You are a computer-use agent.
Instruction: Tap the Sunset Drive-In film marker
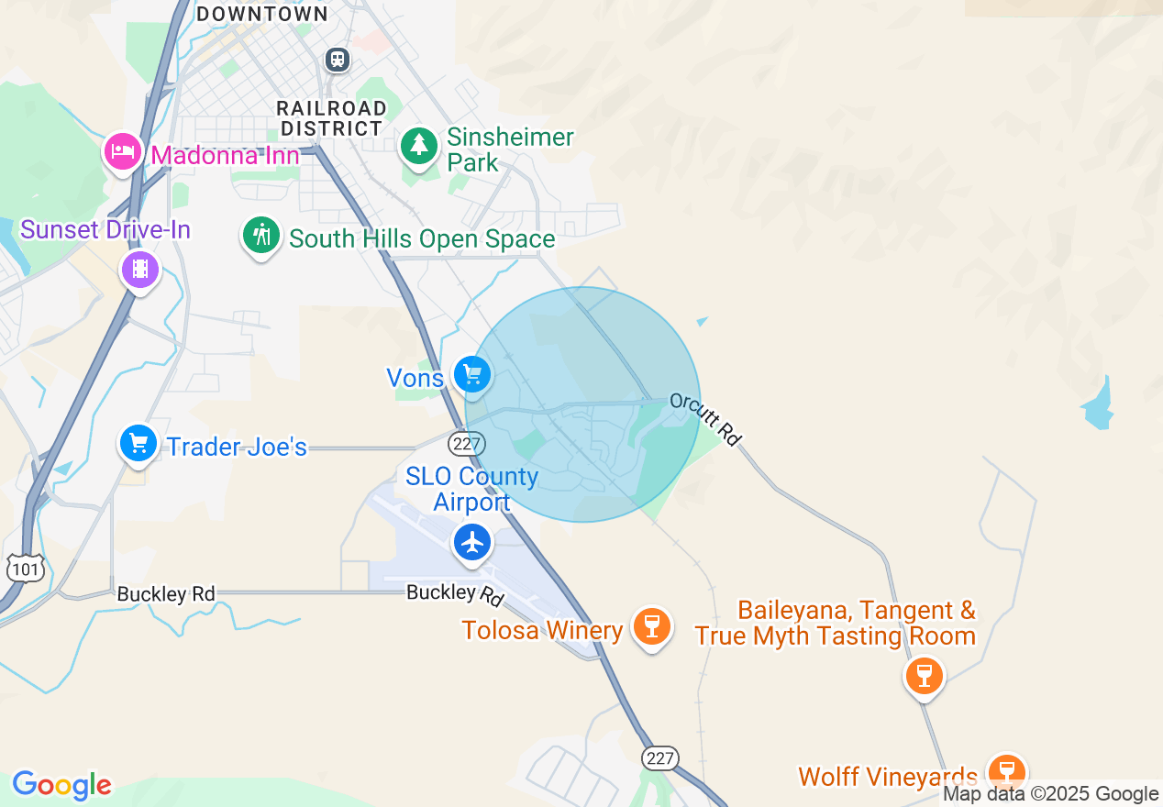pyautogui.click(x=139, y=269)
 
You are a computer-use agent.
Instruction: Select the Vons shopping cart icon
pyautogui.click(x=472, y=375)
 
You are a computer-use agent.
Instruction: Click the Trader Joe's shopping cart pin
pyautogui.click(x=138, y=444)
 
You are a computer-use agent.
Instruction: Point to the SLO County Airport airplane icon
pyautogui.click(x=472, y=542)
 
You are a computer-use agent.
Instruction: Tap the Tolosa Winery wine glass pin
pyautogui.click(x=652, y=627)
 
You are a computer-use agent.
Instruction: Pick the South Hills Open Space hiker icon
pyautogui.click(x=261, y=236)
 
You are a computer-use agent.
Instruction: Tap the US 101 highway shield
pyautogui.click(x=25, y=569)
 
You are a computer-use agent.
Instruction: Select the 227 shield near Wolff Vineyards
pyautogui.click(x=660, y=758)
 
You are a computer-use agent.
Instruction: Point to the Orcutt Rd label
pyautogui.click(x=704, y=419)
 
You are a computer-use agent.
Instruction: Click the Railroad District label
pyautogui.click(x=331, y=119)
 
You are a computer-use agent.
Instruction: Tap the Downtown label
pyautogui.click(x=262, y=14)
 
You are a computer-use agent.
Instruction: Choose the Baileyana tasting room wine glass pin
pyautogui.click(x=924, y=676)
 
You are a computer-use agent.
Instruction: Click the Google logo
pyautogui.click(x=61, y=785)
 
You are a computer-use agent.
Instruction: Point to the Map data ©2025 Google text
pyautogui.click(x=1051, y=794)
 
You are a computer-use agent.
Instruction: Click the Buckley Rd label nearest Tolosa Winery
pyautogui.click(x=455, y=594)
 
